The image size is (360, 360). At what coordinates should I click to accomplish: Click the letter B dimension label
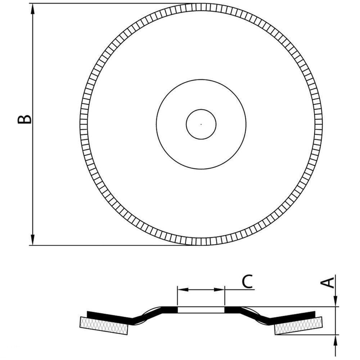point(24,120)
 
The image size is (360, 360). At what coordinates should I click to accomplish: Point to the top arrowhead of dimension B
point(33,9)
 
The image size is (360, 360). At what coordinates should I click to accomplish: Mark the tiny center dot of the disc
point(201,124)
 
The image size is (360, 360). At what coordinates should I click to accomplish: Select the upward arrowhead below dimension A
point(335,340)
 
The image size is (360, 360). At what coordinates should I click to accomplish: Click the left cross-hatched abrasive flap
point(104,326)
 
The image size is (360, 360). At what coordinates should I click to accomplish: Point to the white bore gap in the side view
point(201,310)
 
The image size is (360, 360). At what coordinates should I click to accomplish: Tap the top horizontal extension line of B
point(108,3)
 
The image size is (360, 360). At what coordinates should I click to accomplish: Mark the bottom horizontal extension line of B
point(108,246)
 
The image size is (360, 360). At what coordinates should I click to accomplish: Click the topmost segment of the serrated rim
point(201,7)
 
